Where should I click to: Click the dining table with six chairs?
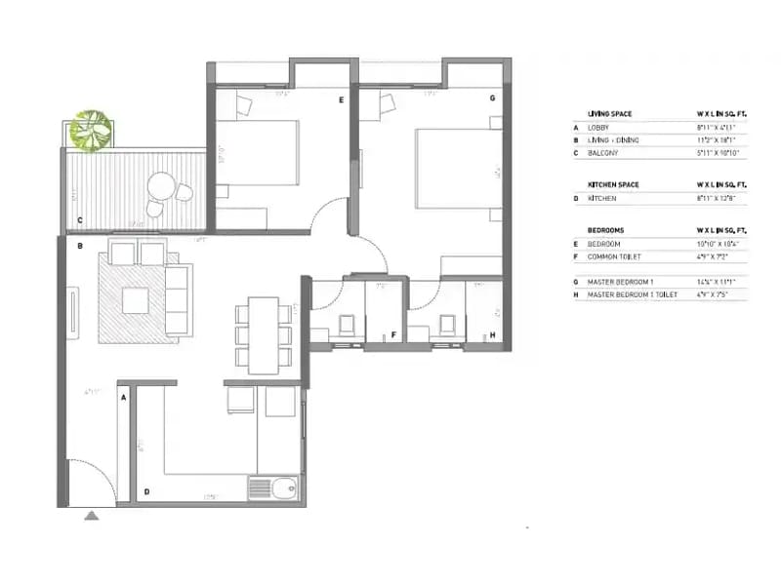(263, 334)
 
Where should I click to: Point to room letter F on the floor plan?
(393, 335)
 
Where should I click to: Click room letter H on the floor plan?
(492, 335)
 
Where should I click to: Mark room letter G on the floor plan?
(492, 98)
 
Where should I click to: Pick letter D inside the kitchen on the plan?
(146, 492)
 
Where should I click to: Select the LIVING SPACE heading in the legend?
(609, 114)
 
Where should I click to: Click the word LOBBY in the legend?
(598, 128)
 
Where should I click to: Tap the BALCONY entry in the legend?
(601, 153)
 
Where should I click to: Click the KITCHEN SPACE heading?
(612, 184)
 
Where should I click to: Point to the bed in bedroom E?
(262, 152)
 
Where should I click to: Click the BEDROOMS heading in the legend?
(605, 230)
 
